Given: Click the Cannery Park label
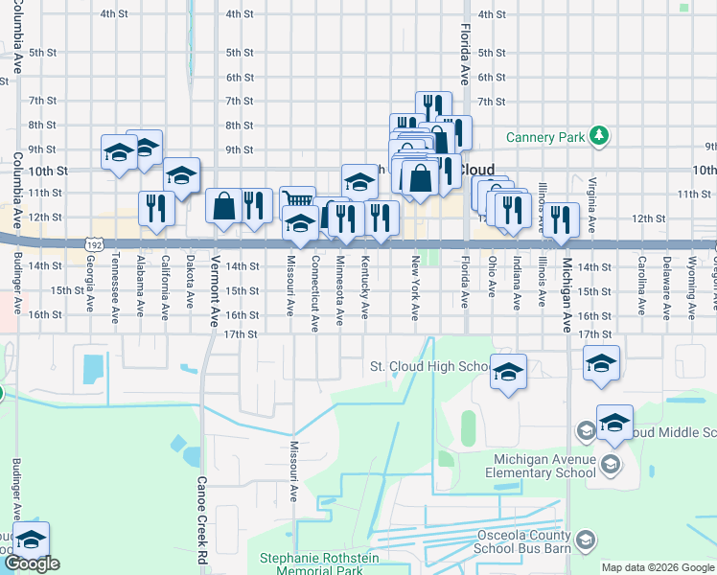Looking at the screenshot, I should pyautogui.click(x=545, y=137).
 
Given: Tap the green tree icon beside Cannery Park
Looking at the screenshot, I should pyautogui.click(x=599, y=136).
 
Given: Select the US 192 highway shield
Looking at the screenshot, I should pyautogui.click(x=93, y=244).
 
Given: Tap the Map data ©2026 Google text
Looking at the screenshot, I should pyautogui.click(x=658, y=567).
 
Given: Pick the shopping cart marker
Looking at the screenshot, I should pyautogui.click(x=299, y=200).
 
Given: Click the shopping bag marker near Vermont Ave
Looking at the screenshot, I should pyautogui.click(x=223, y=206).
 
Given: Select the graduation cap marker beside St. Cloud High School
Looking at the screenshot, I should pyautogui.click(x=509, y=371).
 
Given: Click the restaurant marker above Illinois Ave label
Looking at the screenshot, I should pyautogui.click(x=562, y=218).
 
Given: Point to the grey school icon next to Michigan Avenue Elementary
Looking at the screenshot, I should pyautogui.click(x=612, y=466).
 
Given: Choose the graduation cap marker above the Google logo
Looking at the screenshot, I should pyautogui.click(x=31, y=540).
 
